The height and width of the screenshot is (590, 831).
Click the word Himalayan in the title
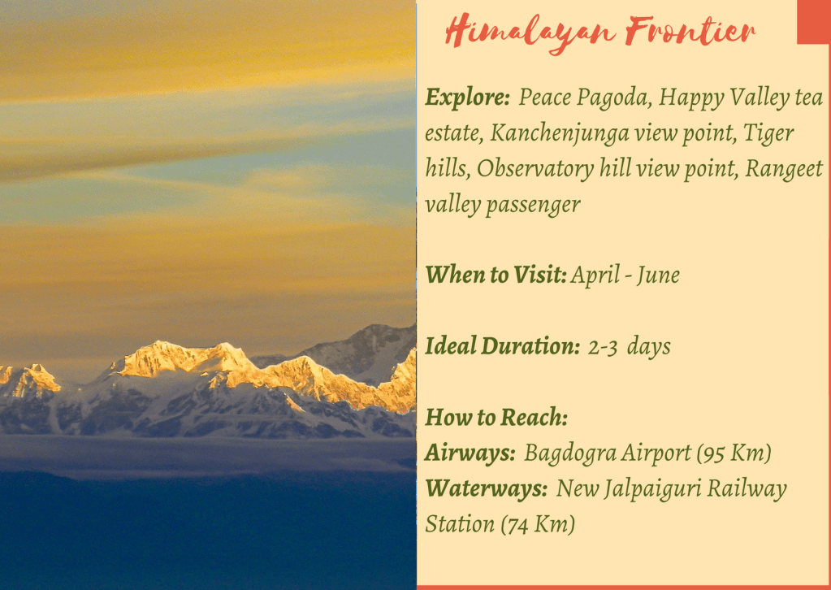[x=530, y=33]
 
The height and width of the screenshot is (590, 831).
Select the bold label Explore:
[x=467, y=98]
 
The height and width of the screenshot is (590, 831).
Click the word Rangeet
[x=784, y=169]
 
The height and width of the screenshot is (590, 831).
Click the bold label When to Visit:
[x=496, y=275]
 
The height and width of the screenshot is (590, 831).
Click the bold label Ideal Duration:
[x=503, y=346]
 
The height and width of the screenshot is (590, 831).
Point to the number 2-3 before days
[x=603, y=347]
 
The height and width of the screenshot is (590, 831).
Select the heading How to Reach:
[x=496, y=417]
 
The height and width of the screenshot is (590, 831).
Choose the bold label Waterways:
[x=487, y=488]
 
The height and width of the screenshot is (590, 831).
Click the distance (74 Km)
[x=538, y=525]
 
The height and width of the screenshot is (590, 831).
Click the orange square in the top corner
[x=814, y=22]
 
